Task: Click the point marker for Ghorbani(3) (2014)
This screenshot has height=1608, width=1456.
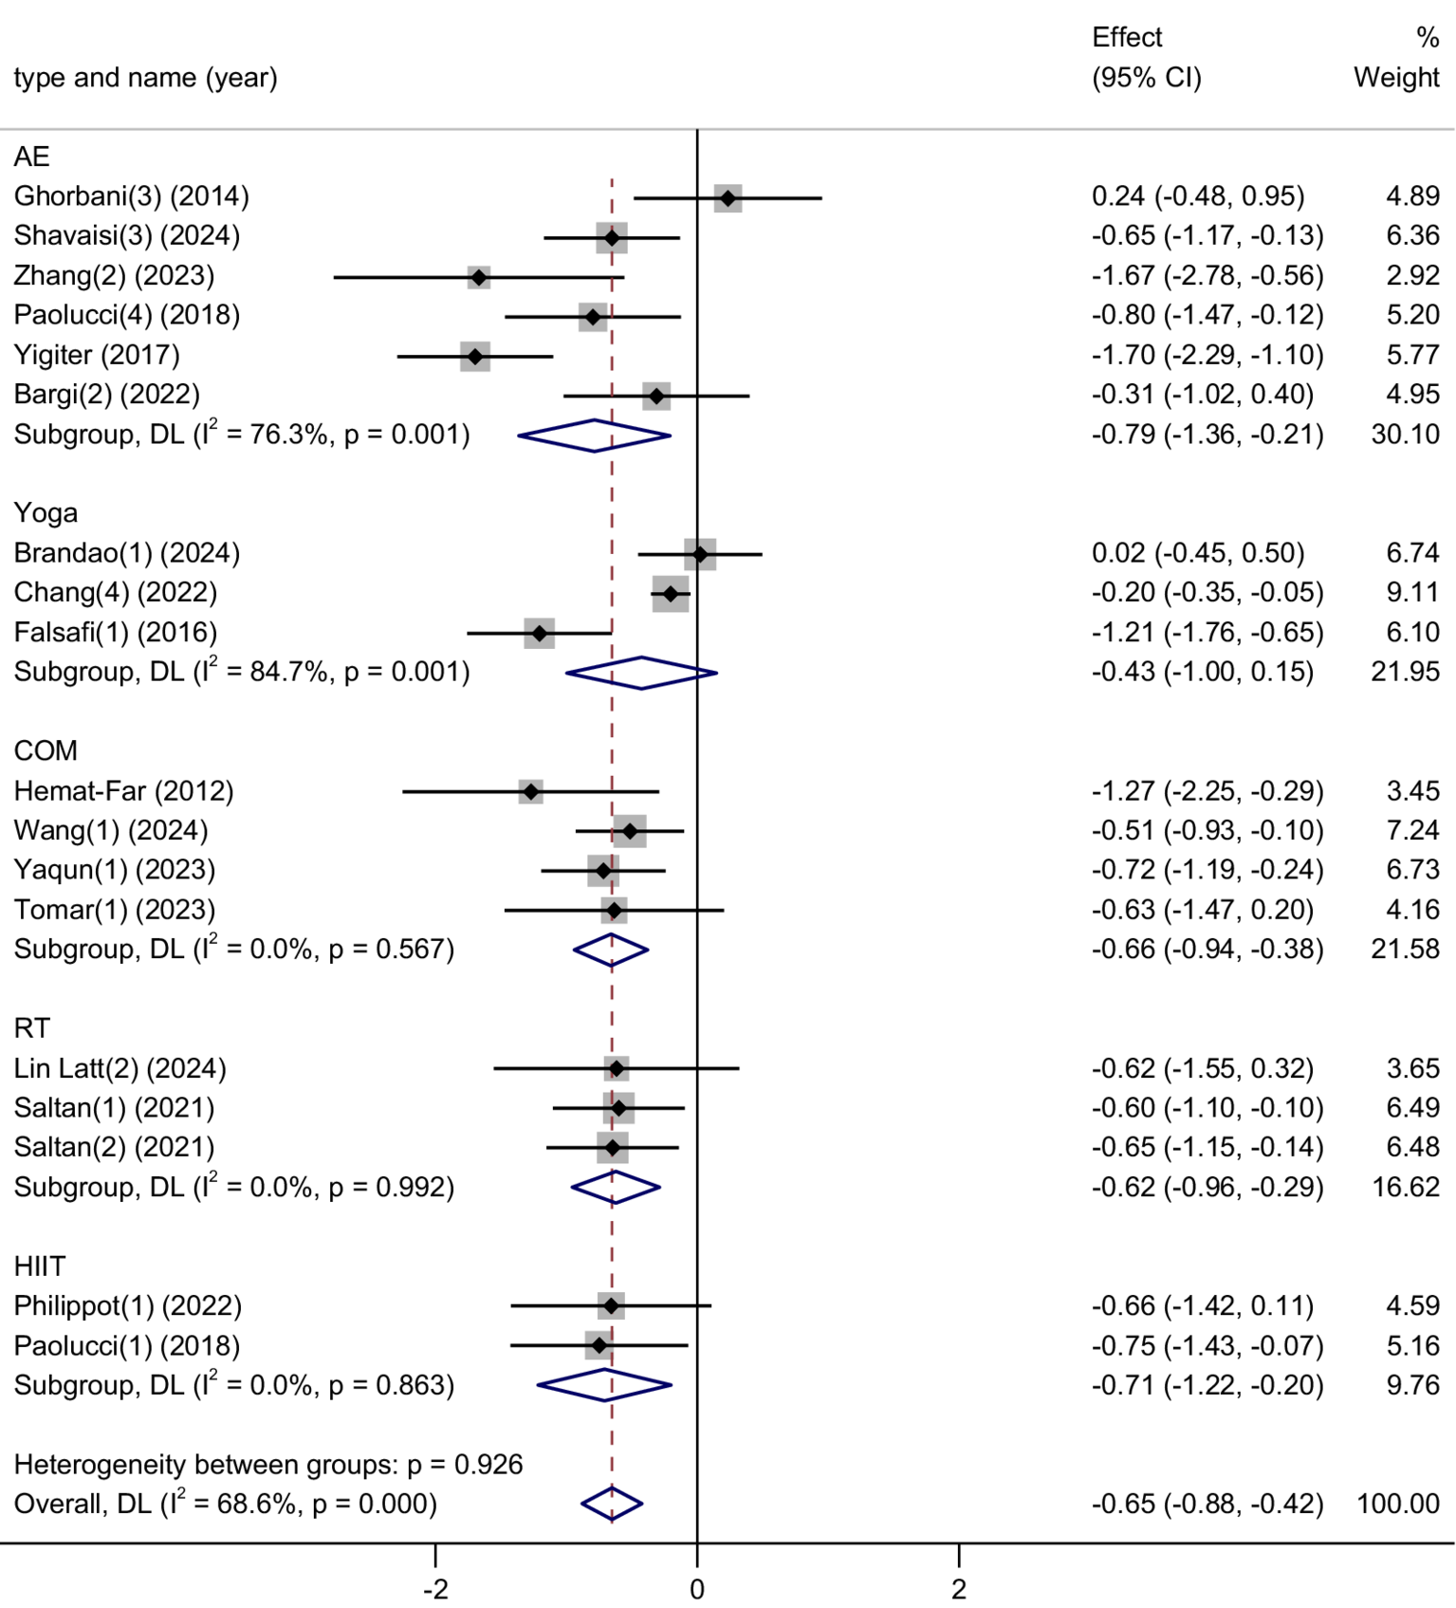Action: (728, 198)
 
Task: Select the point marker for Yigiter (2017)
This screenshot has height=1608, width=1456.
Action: (475, 357)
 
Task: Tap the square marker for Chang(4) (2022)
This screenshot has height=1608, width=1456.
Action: (671, 594)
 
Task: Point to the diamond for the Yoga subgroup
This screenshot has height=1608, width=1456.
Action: (641, 673)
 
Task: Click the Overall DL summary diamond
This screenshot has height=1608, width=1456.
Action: (612, 1504)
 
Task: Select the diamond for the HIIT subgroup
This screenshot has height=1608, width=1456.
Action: (604, 1385)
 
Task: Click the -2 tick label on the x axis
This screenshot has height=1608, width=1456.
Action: (434, 1588)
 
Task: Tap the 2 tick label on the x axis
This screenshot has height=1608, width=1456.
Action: (958, 1588)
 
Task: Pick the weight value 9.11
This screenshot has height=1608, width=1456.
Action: (1412, 592)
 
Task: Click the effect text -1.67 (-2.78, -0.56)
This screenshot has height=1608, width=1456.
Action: (1207, 275)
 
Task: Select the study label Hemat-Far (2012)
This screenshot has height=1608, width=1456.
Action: (123, 790)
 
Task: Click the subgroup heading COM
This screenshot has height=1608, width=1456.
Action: (46, 750)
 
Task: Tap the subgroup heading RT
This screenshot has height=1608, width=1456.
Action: (31, 1028)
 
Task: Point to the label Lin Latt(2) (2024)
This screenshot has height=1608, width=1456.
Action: (120, 1068)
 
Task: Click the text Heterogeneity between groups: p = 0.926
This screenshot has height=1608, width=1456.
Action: (268, 1464)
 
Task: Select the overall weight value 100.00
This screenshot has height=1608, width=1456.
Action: (1397, 1504)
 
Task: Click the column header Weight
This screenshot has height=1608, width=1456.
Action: (1395, 77)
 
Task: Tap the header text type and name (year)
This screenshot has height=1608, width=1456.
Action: (145, 77)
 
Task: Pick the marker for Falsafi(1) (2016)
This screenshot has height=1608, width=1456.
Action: (540, 633)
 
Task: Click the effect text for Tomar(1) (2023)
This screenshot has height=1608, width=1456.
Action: (1202, 910)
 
